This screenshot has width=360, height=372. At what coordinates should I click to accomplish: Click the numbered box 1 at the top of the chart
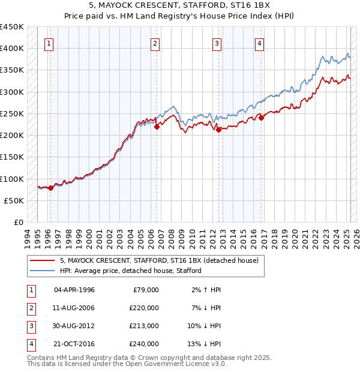tap(49, 43)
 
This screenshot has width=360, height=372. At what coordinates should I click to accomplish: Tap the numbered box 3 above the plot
tap(217, 43)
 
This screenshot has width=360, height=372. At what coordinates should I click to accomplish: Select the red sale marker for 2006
tap(157, 127)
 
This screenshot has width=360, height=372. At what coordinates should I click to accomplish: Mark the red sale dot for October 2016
tap(262, 118)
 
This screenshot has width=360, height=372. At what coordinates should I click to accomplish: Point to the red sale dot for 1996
tap(50, 188)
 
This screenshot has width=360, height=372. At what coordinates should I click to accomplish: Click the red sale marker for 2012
tap(218, 130)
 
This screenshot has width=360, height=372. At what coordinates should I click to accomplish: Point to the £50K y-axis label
tap(14, 200)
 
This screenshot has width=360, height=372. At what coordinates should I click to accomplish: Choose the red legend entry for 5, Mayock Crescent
tap(158, 260)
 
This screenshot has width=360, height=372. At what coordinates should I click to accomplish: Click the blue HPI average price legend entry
tap(130, 271)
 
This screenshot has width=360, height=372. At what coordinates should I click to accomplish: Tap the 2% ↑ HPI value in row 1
tap(205, 290)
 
